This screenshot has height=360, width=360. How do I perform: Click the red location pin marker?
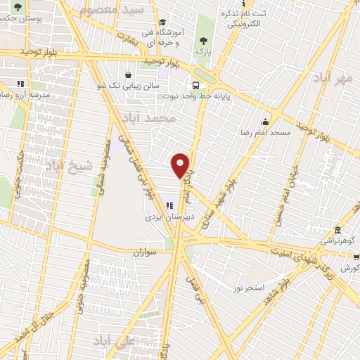tap(181, 165)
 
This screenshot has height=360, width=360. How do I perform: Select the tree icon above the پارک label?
tap(204, 40)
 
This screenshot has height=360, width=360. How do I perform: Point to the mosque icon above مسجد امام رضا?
tap(265, 121)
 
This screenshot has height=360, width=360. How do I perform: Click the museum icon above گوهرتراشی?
tap(338, 229)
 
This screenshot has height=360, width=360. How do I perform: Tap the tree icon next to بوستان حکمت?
tap(18, 7)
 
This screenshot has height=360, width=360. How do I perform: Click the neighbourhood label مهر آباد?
tap(334, 77)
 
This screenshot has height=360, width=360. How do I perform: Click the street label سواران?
tap(142, 250)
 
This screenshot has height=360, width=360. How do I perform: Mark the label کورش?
tap(350, 268)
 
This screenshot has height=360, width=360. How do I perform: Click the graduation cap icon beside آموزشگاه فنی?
tap(163, 22)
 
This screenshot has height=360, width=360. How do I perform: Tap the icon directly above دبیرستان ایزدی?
tap(169, 205)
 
